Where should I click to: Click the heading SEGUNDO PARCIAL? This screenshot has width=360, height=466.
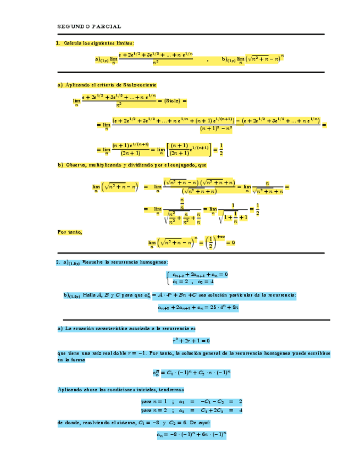point(90,26)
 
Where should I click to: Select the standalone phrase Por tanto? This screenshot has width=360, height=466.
point(70,232)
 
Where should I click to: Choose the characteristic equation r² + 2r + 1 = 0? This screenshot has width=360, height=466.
point(191,341)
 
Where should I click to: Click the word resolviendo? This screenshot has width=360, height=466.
point(97,423)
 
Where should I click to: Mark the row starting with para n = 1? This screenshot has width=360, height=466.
point(191,402)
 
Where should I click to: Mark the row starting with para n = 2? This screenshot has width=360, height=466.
point(191,410)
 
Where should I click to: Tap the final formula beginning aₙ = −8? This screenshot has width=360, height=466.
point(191,435)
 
